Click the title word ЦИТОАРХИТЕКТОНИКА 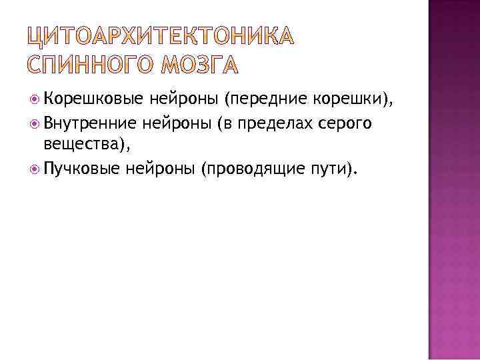(161, 39)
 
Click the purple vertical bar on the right (453, 180)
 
